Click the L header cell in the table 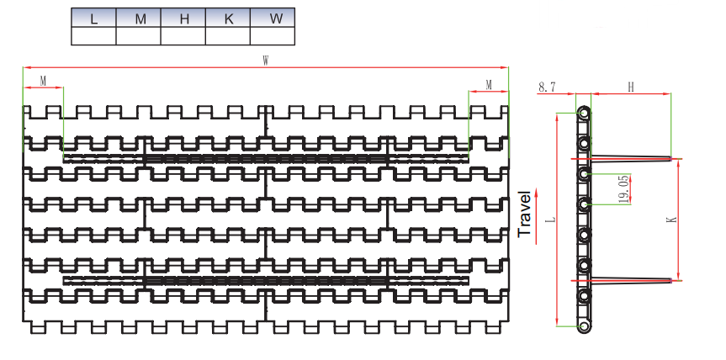point(93,19)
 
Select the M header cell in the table point(138,19)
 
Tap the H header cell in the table point(183,19)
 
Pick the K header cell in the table point(228,19)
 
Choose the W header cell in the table point(273,19)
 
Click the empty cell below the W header point(273,35)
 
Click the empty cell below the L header point(93,35)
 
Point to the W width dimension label point(266,61)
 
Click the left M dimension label point(43,81)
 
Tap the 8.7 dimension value point(547,86)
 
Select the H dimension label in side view point(631,86)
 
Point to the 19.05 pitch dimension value point(624,190)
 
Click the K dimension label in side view point(671,219)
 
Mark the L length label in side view point(550,220)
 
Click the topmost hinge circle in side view point(582,111)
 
